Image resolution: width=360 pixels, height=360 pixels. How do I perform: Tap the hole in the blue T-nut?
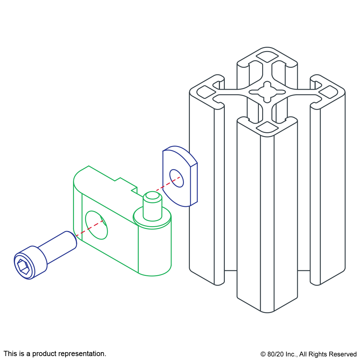(x=176, y=178)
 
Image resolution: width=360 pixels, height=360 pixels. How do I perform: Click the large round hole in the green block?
(x=97, y=225)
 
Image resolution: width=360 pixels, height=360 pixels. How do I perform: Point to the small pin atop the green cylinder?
(x=153, y=206)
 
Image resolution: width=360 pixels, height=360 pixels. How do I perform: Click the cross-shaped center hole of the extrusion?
(x=267, y=92)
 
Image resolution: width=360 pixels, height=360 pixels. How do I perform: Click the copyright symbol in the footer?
(x=263, y=354)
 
